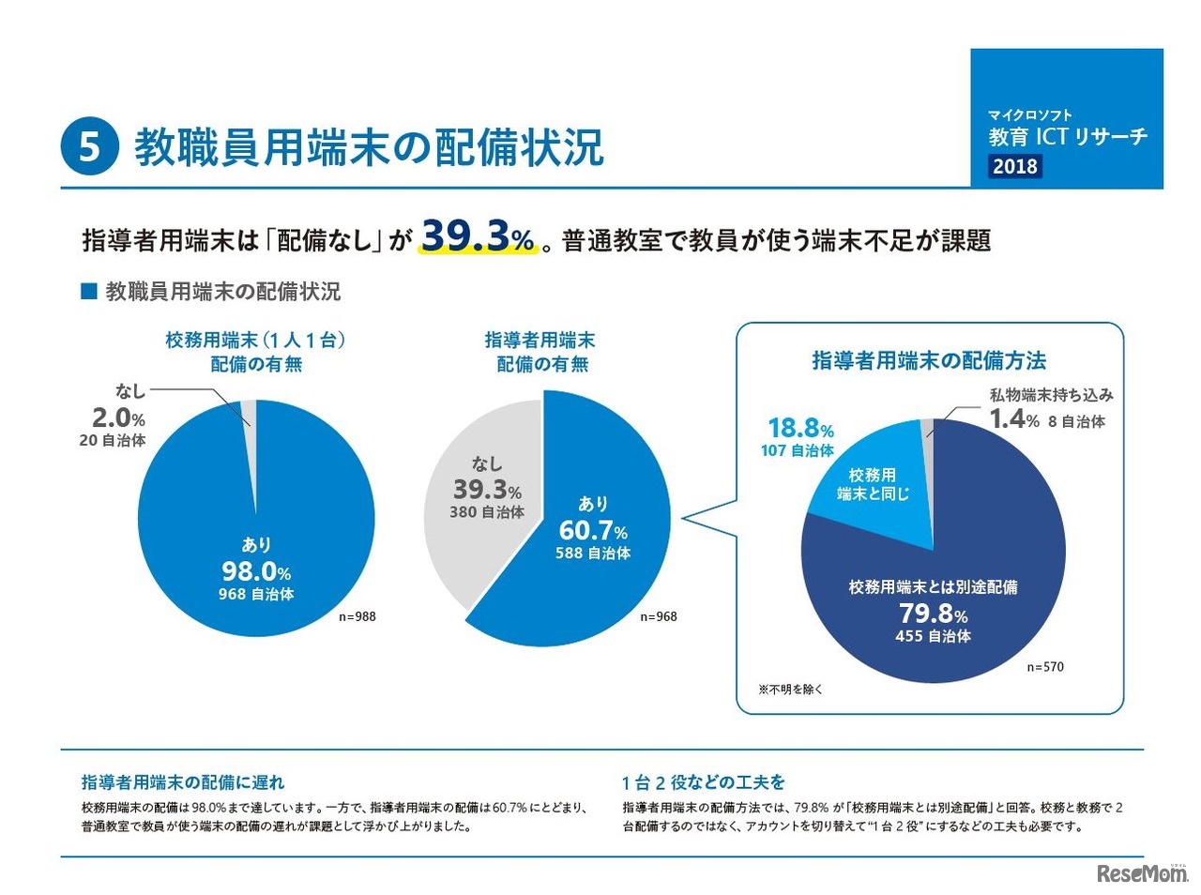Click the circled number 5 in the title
89,146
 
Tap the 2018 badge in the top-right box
1015,166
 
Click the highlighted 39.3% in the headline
478,237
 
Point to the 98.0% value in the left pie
256,571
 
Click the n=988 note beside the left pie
357,616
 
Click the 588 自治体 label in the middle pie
593,554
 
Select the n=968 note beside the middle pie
659,616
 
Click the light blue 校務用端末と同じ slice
873,485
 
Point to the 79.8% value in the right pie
933,614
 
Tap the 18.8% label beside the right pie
800,429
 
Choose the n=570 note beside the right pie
1045,667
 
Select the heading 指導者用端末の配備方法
929,361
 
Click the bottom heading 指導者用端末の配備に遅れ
183,781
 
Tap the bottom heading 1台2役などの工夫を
703,781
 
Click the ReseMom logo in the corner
1141,873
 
